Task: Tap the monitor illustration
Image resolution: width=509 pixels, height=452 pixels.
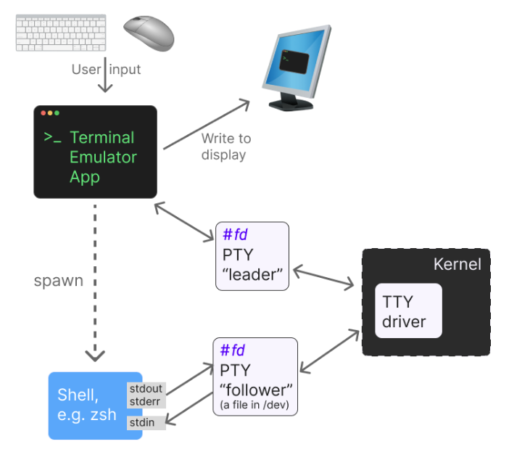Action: tap(296, 69)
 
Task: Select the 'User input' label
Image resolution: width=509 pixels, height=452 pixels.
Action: tap(106, 70)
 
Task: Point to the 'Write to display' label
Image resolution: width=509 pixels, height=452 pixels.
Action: tap(225, 146)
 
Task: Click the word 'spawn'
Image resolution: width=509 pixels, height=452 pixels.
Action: tap(59, 280)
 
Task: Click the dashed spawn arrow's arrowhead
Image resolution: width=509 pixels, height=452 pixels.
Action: tap(96, 355)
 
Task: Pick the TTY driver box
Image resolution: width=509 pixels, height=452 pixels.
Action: tap(408, 311)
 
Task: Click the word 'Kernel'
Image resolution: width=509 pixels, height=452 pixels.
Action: tap(457, 264)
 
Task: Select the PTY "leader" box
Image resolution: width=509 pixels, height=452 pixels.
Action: tap(252, 256)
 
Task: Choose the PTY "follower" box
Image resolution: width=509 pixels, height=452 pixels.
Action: tap(255, 376)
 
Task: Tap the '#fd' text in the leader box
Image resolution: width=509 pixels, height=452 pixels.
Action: tap(235, 234)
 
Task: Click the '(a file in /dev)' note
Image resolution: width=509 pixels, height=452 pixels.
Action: tap(255, 405)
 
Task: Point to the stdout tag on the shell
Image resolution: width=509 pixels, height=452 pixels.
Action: tap(146, 389)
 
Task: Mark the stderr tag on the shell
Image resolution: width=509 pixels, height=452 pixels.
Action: tap(146, 400)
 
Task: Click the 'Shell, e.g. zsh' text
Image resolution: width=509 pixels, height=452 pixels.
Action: tap(87, 405)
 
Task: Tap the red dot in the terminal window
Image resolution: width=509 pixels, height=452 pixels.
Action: tap(44, 113)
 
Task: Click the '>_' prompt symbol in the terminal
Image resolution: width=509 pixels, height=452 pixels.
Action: tap(52, 137)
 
